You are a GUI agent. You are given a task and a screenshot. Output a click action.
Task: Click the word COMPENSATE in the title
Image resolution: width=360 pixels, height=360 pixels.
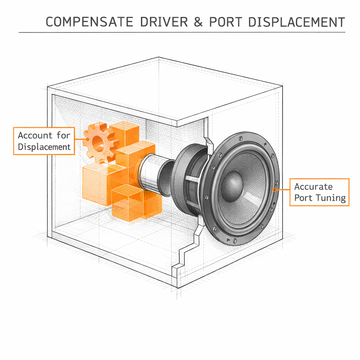[x=89, y=22]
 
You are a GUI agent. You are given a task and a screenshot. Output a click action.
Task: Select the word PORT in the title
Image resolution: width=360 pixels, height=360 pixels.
[x=225, y=22]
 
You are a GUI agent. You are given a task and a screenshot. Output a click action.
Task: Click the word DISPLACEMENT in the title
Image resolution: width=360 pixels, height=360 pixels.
[x=296, y=22]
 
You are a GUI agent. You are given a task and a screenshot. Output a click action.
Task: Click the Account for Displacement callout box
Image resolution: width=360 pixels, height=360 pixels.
[x=44, y=141]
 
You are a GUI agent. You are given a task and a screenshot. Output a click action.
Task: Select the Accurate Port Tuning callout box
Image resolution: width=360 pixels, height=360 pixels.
[x=319, y=192]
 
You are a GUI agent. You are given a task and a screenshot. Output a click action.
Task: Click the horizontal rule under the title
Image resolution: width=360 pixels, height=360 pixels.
[x=182, y=32]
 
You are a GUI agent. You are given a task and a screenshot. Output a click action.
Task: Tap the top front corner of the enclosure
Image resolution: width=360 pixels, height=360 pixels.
[x=177, y=123]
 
